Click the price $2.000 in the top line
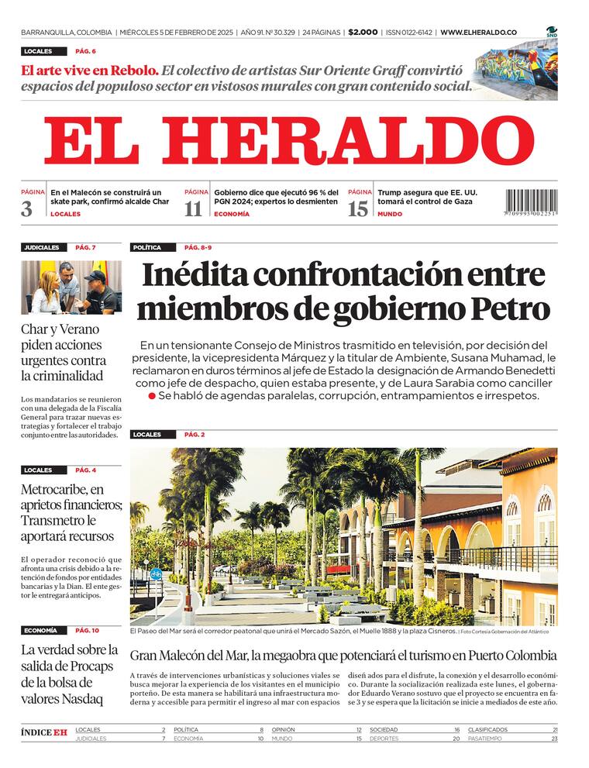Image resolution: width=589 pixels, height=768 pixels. pos(363,33)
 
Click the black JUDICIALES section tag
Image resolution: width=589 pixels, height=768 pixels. pos(42,248)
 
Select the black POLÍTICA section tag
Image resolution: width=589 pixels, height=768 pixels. pos(147,248)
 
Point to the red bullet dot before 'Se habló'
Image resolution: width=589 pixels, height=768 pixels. pos(152,396)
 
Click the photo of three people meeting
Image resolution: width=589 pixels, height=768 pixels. pos(71,288)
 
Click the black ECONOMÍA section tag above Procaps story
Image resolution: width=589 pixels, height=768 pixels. pos(40,631)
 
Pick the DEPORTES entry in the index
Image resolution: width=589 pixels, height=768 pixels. pos(385,739)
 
